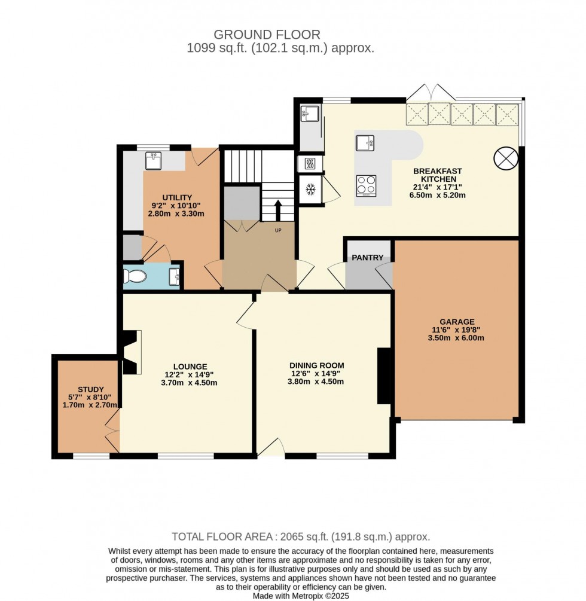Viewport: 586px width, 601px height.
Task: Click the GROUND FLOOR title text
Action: [267, 35]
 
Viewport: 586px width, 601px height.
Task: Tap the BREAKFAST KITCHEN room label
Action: [438, 175]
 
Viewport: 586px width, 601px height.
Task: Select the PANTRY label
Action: [367, 258]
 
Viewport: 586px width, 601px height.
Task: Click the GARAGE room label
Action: [459, 321]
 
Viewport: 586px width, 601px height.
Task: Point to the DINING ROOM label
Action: [316, 365]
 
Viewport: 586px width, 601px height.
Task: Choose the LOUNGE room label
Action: [190, 367]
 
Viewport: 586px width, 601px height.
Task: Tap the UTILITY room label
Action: [177, 198]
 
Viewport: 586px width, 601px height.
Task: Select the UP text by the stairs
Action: [277, 231]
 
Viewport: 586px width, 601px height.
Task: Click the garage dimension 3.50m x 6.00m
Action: [459, 338]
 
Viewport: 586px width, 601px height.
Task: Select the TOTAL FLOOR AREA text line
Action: [301, 537]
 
